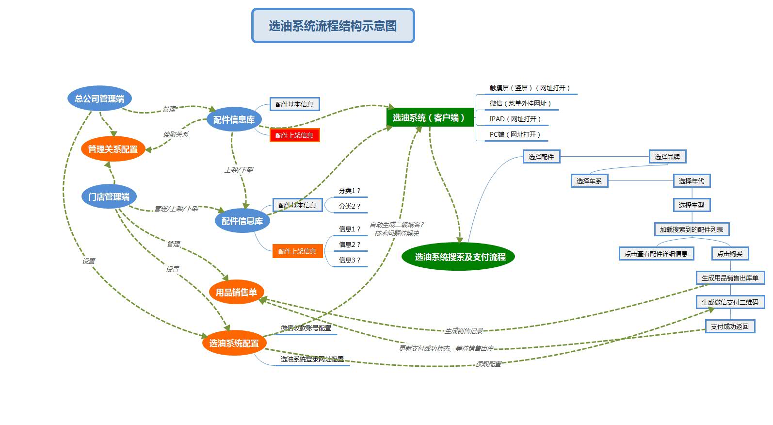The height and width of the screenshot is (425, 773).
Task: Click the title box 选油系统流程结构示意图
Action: click(x=333, y=26)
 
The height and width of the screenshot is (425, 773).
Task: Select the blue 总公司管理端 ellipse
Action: click(x=99, y=98)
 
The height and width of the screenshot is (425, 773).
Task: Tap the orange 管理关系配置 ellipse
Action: click(x=113, y=149)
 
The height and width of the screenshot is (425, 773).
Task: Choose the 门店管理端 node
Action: click(x=109, y=196)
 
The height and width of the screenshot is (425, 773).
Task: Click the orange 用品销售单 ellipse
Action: click(x=236, y=292)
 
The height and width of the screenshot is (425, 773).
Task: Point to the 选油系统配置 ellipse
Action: click(x=234, y=343)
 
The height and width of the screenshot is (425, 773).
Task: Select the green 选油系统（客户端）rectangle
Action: click(x=430, y=117)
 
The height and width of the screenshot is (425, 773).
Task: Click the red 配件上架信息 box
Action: click(x=294, y=135)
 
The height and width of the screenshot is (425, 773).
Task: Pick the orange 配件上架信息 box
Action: click(x=297, y=251)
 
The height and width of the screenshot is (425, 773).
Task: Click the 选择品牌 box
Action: click(x=667, y=157)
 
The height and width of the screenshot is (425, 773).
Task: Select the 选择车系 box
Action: click(x=589, y=181)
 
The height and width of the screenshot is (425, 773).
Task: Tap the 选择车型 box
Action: click(x=691, y=205)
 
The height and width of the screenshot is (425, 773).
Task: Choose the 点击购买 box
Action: click(x=730, y=254)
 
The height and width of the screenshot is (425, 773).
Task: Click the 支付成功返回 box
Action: click(x=730, y=327)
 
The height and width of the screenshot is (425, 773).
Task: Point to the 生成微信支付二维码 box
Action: click(x=730, y=302)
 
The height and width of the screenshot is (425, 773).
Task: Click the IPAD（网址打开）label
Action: click(x=515, y=119)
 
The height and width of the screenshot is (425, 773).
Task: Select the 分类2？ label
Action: click(x=350, y=206)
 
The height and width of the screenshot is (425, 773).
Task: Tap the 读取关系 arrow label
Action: click(x=176, y=134)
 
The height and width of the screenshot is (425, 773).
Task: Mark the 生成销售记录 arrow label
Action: click(x=464, y=331)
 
